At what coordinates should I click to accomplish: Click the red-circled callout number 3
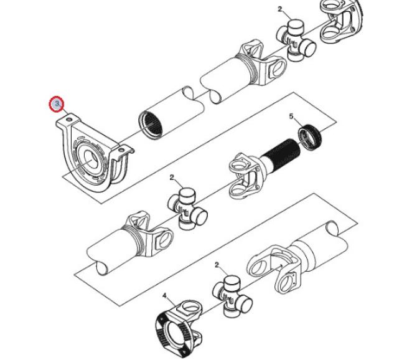57,104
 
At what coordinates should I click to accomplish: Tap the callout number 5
291,116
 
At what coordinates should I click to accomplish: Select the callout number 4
164,296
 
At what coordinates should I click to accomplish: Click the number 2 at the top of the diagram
280,9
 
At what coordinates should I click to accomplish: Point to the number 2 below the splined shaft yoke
172,178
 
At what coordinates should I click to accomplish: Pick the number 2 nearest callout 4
217,265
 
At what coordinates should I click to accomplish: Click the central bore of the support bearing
90,159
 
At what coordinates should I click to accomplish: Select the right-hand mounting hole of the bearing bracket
121,150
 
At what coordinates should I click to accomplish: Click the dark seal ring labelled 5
310,137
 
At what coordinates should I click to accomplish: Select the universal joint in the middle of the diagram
188,208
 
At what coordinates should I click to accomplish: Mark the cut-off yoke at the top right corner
341,21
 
